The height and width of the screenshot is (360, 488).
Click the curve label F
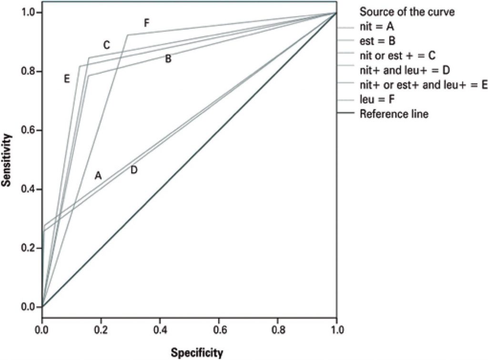pyautogui.click(x=147, y=22)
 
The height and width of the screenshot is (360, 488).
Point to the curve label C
pyautogui.click(x=107, y=45)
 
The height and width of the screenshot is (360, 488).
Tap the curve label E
pyautogui.click(x=67, y=79)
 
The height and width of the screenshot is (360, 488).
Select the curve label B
pyautogui.click(x=168, y=59)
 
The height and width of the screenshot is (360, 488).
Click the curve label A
pyautogui.click(x=98, y=175)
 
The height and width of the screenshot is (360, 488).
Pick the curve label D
pyautogui.click(x=134, y=170)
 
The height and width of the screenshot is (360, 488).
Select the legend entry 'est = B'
pyautogui.click(x=377, y=40)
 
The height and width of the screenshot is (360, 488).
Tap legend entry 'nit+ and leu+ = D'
pyautogui.click(x=405, y=70)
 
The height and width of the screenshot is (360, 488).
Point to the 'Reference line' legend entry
pyautogui.click(x=394, y=114)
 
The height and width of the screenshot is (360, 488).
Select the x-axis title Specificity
pyautogui.click(x=196, y=353)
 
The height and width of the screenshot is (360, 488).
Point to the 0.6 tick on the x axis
pyautogui.click(x=219, y=329)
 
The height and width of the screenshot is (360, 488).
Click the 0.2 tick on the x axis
pyautogui.click(x=101, y=329)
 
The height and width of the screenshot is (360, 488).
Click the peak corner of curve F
pyautogui.click(x=127, y=35)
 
